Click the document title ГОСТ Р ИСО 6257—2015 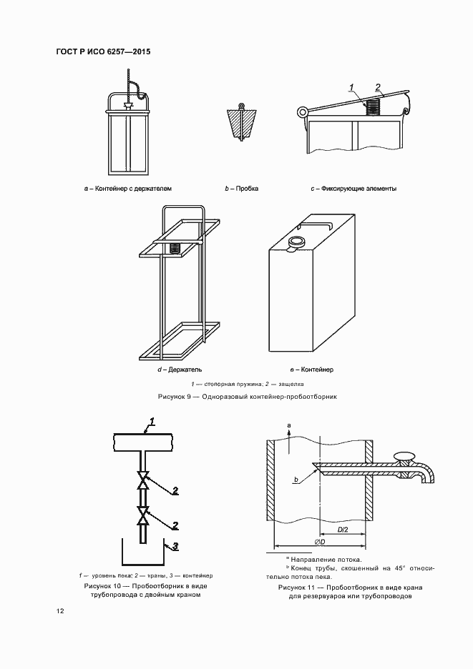103,52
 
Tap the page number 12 60,611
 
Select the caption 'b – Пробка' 241,188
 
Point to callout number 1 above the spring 351,88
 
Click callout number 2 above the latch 378,86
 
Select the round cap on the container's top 296,242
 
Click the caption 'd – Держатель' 180,370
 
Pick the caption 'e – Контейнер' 311,370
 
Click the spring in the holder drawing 175,248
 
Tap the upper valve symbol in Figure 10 142,480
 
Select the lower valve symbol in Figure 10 142,515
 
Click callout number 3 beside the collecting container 175,545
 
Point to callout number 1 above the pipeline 152,423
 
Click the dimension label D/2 343,529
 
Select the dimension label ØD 321,542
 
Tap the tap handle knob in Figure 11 404,456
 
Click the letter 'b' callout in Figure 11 296,480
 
